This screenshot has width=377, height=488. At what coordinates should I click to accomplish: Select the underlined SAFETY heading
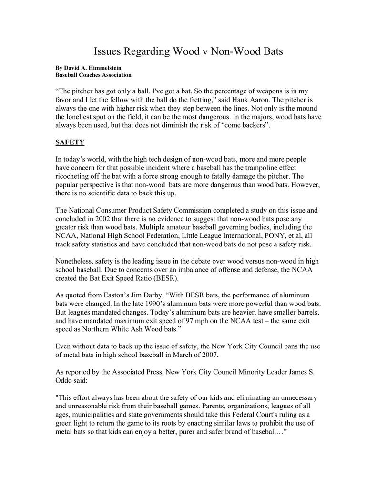(x=70, y=142)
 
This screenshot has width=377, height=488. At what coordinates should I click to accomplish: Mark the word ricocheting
(x=75, y=176)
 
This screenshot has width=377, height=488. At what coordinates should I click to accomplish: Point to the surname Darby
(x=148, y=295)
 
